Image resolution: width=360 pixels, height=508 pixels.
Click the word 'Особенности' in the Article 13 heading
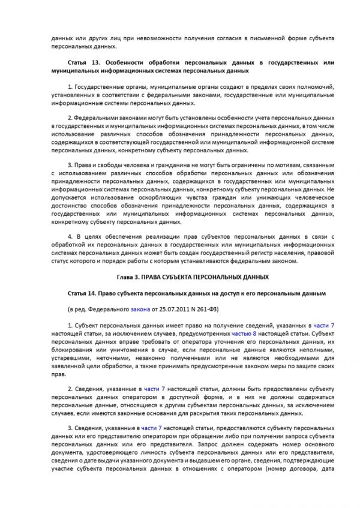click(124, 62)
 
